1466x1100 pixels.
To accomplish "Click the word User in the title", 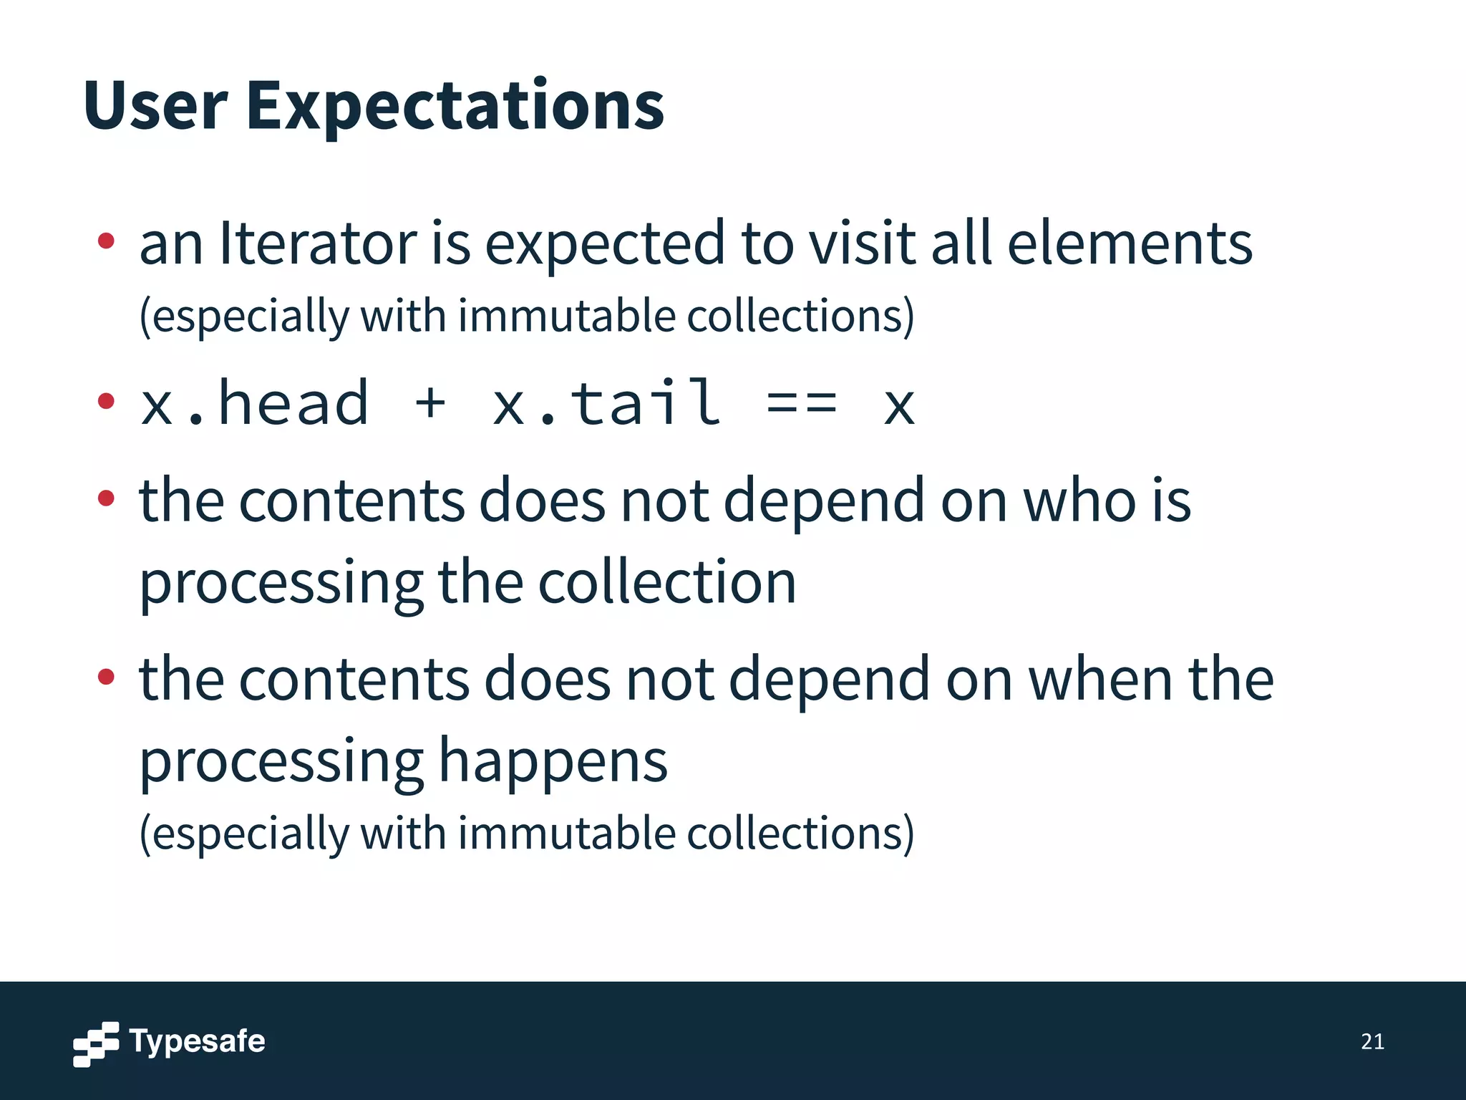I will tap(155, 106).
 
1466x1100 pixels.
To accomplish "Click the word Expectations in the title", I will tap(455, 107).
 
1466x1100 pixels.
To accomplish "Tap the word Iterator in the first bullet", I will tap(318, 243).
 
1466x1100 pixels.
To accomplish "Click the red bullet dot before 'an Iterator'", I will tap(106, 241).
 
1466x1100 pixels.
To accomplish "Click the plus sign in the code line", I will tap(430, 402).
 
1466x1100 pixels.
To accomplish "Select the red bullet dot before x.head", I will tap(106, 401).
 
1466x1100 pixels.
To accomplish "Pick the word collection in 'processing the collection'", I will tap(666, 582).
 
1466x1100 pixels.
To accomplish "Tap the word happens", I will tap(553, 761).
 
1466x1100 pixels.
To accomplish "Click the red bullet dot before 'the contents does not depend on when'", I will tap(106, 676).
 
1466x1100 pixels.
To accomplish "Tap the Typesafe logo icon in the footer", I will tap(96, 1043).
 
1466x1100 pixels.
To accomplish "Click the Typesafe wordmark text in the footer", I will tap(197, 1041).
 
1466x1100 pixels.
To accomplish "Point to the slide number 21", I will tap(1372, 1041).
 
